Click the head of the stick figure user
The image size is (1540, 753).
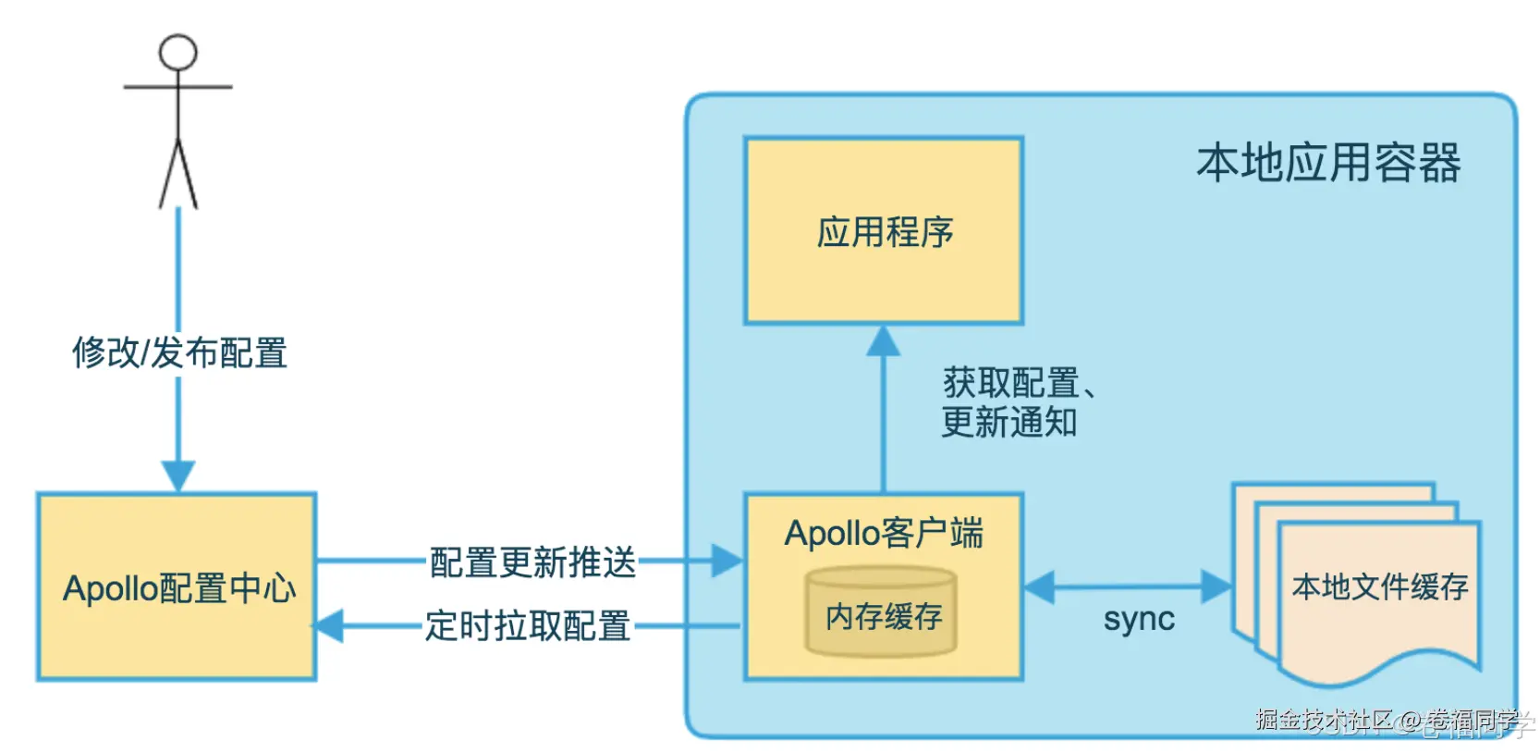[177, 53]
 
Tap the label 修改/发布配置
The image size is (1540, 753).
[179, 353]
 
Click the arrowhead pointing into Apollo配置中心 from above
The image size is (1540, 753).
[178, 475]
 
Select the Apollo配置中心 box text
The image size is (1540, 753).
[179, 589]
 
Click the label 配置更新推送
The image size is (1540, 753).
[532, 562]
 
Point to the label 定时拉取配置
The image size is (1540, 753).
[527, 626]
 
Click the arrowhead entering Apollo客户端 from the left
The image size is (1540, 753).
[727, 561]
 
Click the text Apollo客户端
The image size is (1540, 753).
[883, 534]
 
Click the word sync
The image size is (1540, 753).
[1138, 619]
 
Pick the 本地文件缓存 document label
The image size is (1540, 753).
[1379, 586]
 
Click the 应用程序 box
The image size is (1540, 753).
[884, 231]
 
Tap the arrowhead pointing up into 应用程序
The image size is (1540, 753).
[883, 341]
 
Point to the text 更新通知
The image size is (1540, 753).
[1008, 423]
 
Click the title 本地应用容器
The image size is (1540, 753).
[1327, 164]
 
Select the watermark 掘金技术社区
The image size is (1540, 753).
[1323, 720]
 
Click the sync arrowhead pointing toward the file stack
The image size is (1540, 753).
[1216, 586]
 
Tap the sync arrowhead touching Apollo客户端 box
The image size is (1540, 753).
[1040, 587]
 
